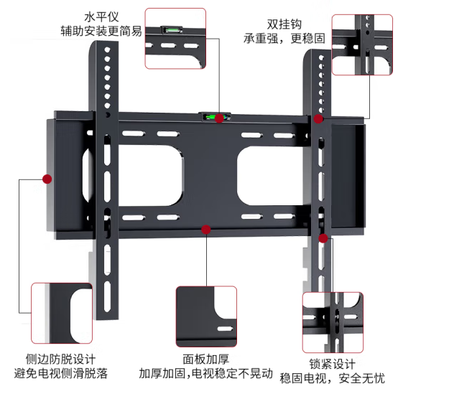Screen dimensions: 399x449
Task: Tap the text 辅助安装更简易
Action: [101, 31]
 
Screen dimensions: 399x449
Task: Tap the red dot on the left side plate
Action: [47, 178]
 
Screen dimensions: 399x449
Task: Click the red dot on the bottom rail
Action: [206, 230]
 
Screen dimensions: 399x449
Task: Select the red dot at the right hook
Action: [318, 118]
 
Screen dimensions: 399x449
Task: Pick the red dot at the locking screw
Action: [323, 238]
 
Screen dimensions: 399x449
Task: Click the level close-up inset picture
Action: [175, 38]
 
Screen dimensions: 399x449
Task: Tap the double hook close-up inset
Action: [362, 44]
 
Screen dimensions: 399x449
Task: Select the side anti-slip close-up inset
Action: [62, 314]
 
